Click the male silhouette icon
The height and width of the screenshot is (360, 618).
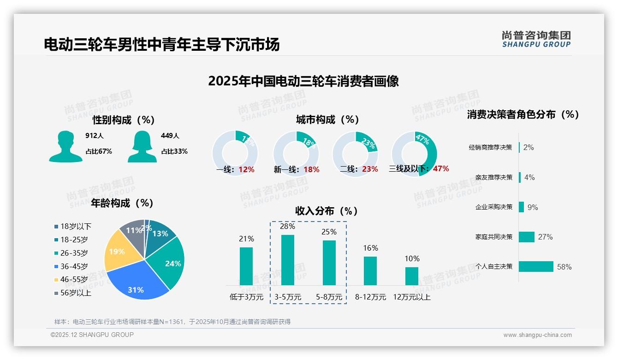tap(65, 146)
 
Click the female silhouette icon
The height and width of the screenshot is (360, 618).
tap(142, 146)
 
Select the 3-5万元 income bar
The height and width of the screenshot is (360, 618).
tap(288, 260)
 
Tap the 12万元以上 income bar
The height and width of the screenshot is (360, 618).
tap(412, 276)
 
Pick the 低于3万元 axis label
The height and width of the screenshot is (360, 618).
tap(246, 297)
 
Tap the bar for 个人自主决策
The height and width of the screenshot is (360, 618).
tap(536, 266)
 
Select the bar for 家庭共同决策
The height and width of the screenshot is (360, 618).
tap(527, 237)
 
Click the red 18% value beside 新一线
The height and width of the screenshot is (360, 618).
tap(311, 169)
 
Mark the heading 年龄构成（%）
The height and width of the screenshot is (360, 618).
tap(122, 203)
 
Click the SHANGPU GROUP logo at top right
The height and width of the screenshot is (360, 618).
tap(536, 39)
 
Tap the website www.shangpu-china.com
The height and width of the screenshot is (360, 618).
tap(537, 335)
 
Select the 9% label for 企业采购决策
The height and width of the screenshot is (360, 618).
tap(533, 207)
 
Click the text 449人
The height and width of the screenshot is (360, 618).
tap(170, 136)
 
